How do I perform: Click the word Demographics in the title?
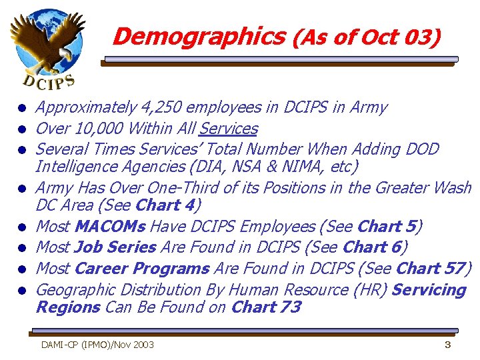coord(198,36)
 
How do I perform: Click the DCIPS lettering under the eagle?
coord(49,82)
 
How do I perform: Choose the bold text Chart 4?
coord(165,205)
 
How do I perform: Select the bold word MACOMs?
coord(110,227)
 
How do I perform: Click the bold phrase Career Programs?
coord(141,269)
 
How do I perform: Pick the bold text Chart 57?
coord(430,269)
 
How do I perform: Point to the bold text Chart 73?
coord(265,307)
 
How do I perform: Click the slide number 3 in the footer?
coord(448,345)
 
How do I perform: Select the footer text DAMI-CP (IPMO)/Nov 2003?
coord(97,345)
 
